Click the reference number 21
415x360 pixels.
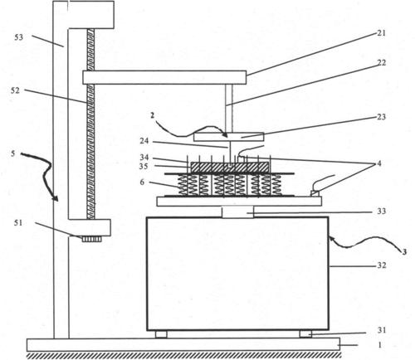(x=381, y=33)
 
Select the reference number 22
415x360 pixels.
(x=381, y=63)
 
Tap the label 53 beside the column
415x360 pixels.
(x=19, y=37)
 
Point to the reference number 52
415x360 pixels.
(x=15, y=90)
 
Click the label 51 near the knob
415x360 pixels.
(x=18, y=222)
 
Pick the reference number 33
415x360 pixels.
(x=381, y=212)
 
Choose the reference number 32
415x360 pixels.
(x=381, y=265)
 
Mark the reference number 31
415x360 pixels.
(x=381, y=330)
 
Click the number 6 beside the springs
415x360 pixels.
(x=142, y=182)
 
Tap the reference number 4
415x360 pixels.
(x=379, y=163)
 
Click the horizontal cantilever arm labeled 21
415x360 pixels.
(x=164, y=77)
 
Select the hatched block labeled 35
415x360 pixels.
(x=230, y=168)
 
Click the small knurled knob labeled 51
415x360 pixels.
(x=91, y=239)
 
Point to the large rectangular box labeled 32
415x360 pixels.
(x=237, y=274)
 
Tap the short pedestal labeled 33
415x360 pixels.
(x=237, y=212)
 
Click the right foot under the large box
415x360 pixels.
(x=305, y=334)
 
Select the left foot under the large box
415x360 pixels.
(x=161, y=334)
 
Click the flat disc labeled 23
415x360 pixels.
(x=229, y=137)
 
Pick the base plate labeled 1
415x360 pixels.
(x=183, y=344)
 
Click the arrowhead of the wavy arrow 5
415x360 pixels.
(x=56, y=199)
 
